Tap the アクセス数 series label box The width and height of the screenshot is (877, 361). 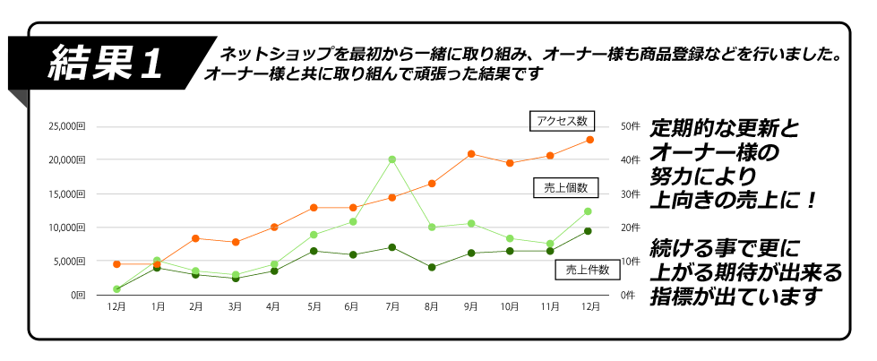562,121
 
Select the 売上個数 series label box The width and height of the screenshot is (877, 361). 565,187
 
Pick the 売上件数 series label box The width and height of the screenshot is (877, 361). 588,269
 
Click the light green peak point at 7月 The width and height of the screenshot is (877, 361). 392,159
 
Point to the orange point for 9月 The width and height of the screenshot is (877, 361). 470,154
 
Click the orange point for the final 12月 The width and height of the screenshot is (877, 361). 589,140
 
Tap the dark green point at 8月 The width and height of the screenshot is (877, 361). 432,267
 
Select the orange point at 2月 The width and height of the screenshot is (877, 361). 195,238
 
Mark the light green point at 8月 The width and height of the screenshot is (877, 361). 432,228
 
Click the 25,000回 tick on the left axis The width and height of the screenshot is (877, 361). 68,126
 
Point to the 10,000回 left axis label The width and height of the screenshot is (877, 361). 68,228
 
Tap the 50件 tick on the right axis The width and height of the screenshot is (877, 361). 629,126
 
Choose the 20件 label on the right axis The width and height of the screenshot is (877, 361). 629,228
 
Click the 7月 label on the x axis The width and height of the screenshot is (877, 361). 392,307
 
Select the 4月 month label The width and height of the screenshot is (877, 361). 274,307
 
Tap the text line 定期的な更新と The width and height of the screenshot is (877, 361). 723,127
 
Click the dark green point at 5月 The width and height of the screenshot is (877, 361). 314,251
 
